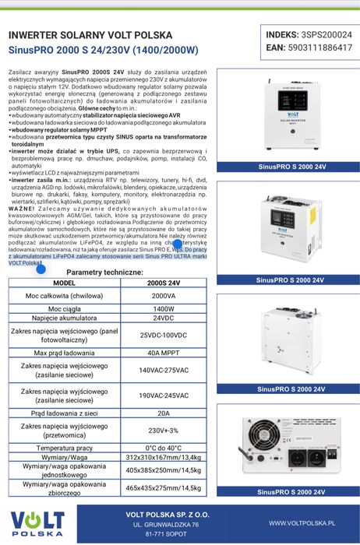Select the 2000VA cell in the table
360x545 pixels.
pos(164,297)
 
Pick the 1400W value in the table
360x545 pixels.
pos(164,309)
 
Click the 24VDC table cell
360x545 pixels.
pos(164,319)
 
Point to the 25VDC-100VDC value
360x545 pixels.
pos(164,336)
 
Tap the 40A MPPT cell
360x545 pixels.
pos(164,353)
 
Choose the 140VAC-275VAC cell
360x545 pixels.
pos(164,370)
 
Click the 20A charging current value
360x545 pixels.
pos(164,413)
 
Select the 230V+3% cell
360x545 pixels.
pos(164,431)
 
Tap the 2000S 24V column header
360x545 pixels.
pos(164,283)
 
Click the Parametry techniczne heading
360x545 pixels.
pos(104,272)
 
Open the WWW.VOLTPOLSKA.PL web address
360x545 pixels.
pos(302,524)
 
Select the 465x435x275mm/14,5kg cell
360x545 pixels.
pos(164,487)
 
